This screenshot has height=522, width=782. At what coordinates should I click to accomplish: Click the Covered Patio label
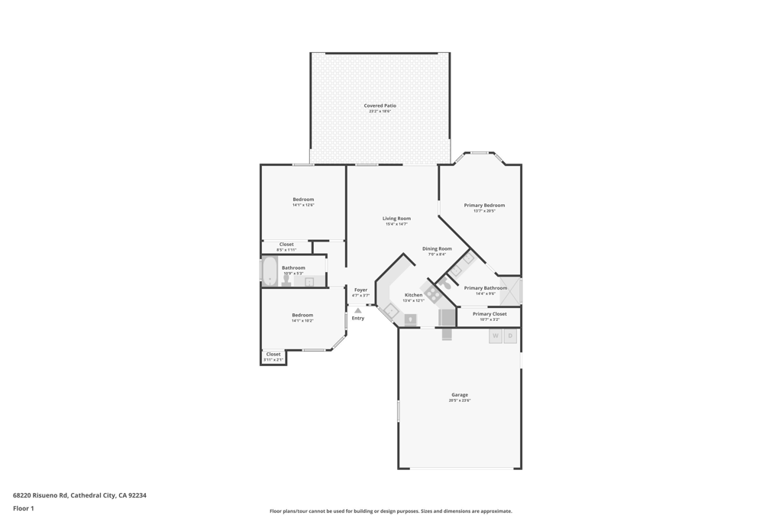tap(380, 105)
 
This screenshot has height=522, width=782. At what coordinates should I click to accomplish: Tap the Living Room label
tap(396, 219)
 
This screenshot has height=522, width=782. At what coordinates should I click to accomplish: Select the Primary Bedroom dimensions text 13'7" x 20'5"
tap(484, 211)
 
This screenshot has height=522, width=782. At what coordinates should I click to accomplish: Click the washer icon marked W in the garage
tap(495, 336)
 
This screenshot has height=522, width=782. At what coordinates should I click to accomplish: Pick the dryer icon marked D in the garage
tap(510, 336)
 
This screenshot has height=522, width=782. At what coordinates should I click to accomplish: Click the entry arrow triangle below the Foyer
tap(357, 310)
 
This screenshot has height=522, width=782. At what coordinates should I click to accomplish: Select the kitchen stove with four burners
tap(433, 293)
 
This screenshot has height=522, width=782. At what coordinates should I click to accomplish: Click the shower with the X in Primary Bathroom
tap(511, 292)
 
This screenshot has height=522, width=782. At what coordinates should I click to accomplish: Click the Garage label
tap(460, 395)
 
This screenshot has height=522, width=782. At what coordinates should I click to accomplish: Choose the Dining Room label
tap(437, 248)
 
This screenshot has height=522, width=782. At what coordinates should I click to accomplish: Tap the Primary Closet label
tap(490, 314)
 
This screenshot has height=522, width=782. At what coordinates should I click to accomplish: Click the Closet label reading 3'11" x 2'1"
tap(273, 354)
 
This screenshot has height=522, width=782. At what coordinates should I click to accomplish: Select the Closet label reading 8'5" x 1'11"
tap(286, 245)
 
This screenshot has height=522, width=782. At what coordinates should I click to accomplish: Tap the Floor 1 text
tap(24, 508)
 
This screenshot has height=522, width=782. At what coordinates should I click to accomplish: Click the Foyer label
tap(360, 290)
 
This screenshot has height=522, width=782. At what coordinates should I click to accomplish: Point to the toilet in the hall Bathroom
tap(286, 280)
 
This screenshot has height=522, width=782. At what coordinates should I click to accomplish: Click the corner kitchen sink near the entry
tap(390, 310)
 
